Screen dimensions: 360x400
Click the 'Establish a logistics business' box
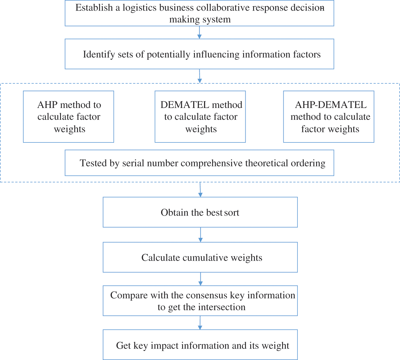click(x=199, y=13)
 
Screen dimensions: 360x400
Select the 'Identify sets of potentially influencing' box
click(x=199, y=54)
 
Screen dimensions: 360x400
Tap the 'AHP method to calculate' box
click(x=69, y=117)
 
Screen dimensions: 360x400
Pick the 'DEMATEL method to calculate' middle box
click(x=200, y=117)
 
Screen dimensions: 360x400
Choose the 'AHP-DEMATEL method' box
click(x=329, y=117)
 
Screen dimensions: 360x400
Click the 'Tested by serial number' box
click(x=199, y=163)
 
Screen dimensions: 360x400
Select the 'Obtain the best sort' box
click(x=200, y=212)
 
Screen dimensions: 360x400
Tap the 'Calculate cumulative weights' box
click(x=200, y=257)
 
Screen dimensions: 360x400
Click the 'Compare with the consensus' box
click(x=200, y=301)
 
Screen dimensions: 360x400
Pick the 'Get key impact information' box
click(x=200, y=345)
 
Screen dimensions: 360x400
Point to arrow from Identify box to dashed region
click(x=200, y=76)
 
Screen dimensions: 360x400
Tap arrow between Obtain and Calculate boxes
click(x=200, y=235)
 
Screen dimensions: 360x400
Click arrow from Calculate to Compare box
click(x=200, y=279)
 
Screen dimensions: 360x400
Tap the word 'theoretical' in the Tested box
click(x=266, y=163)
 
